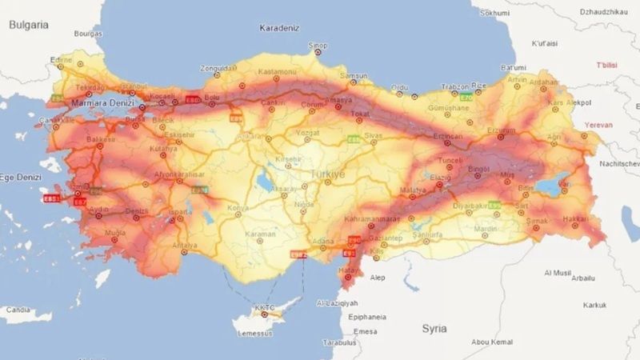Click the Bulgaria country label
(x=30, y=25)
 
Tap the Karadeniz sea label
(x=279, y=28)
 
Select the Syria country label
(x=435, y=328)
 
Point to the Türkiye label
(x=328, y=173)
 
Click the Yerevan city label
(x=598, y=125)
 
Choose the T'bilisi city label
(x=609, y=65)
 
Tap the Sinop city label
(x=318, y=46)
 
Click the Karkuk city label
(x=595, y=305)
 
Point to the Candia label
(x=18, y=310)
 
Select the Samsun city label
(x=354, y=76)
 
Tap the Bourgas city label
(x=88, y=34)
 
